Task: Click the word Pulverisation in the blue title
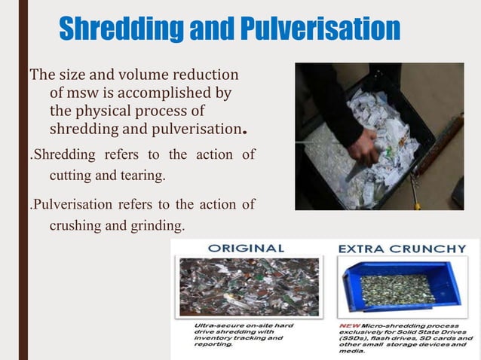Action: (x=320, y=30)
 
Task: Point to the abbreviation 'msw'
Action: (x=85, y=93)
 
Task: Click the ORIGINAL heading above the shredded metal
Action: (x=246, y=248)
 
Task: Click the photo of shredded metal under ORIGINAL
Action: (x=248, y=287)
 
